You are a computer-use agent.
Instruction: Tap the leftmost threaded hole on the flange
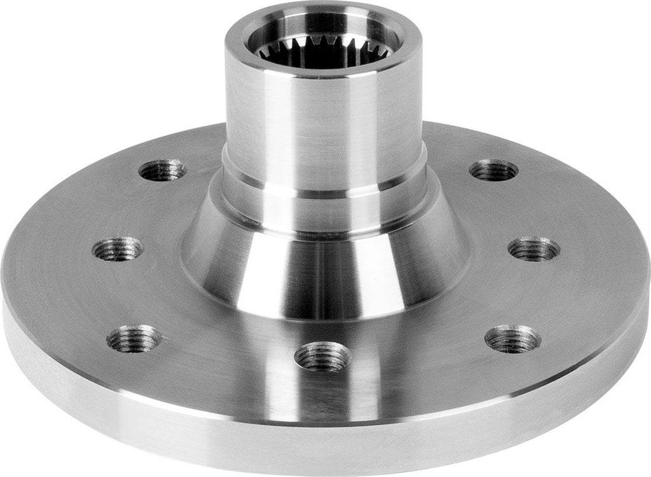tap(118, 248)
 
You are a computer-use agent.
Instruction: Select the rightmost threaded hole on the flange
tap(534, 248)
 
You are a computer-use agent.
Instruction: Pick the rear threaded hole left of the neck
tap(162, 170)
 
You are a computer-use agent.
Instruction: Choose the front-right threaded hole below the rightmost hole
tap(512, 339)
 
